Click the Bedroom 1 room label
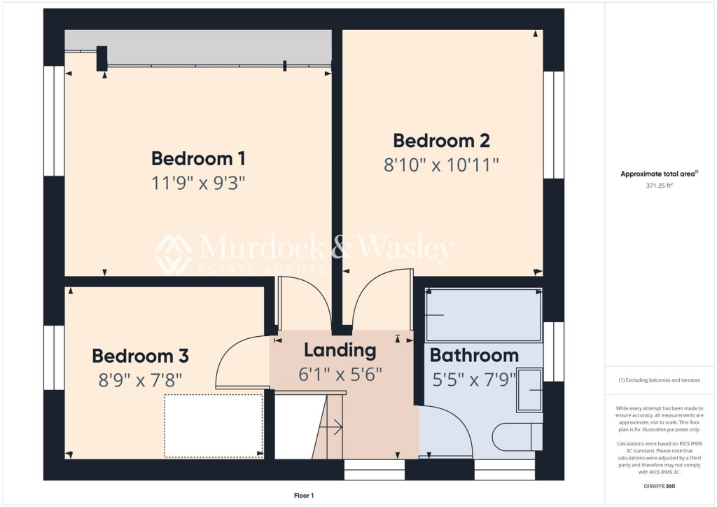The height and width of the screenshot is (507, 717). tap(198, 158)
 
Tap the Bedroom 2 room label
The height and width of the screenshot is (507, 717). tap(441, 140)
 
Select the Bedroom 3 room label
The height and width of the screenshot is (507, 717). tap(140, 356)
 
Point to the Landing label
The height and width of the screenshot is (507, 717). tap(340, 350)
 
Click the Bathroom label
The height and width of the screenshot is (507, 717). tap(474, 355)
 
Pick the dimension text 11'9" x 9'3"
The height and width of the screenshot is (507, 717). tap(198, 183)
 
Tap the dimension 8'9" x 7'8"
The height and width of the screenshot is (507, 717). tap(140, 381)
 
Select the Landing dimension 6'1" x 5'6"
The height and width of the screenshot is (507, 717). tap(340, 375)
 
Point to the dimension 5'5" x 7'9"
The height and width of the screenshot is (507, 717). tap(474, 380)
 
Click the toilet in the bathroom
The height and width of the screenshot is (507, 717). tap(518, 437)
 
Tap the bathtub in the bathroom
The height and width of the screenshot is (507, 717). tap(483, 315)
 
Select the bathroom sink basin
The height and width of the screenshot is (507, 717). tap(530, 389)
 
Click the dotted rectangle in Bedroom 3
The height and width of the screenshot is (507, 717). tap(214, 425)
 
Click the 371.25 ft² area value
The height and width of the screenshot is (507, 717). tap(660, 186)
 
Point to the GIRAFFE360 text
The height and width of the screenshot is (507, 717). tap(660, 485)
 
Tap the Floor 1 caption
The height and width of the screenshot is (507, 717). tap(303, 496)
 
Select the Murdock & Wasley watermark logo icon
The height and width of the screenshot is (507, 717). tap(174, 254)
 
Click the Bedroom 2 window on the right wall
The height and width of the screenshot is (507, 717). tap(553, 125)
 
